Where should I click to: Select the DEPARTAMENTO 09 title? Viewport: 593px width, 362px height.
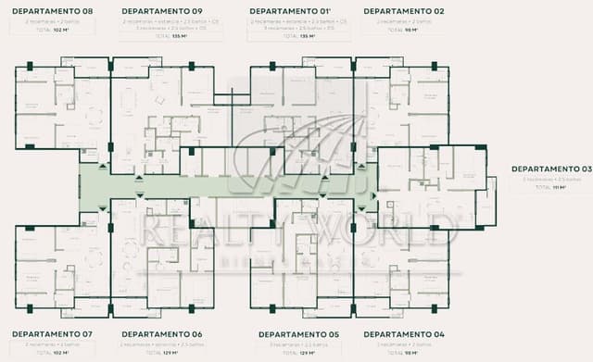(x=161, y=11)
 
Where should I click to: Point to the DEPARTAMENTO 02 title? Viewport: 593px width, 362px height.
(x=404, y=11)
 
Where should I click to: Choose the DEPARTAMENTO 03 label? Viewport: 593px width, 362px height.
(x=550, y=169)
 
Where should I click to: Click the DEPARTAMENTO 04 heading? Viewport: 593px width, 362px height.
(x=404, y=333)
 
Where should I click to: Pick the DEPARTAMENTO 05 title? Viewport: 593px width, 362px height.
(x=298, y=333)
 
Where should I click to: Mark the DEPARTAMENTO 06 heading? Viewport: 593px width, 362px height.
(x=161, y=333)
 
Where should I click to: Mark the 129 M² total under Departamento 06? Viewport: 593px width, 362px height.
(x=166, y=353)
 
